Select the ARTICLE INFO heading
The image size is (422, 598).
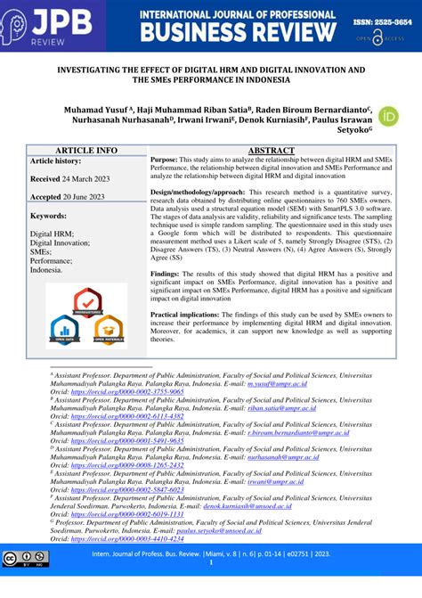coord(86,151)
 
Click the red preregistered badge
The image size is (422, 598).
coord(88,300)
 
